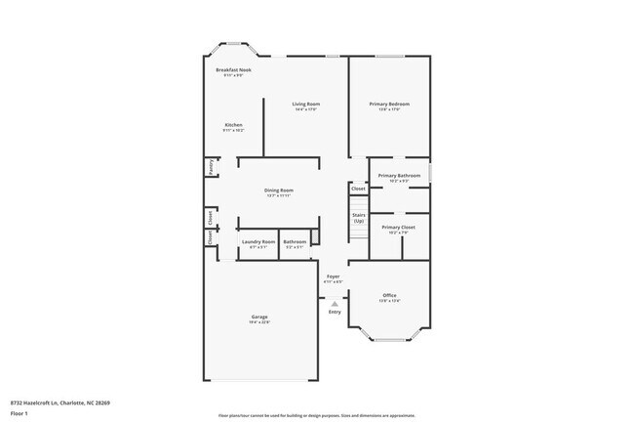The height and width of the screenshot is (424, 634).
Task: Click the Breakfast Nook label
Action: (233, 70)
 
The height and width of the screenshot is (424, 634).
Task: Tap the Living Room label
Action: (306, 104)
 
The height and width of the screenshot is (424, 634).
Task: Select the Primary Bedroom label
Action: (389, 104)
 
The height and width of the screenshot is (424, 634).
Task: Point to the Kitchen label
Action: (233, 125)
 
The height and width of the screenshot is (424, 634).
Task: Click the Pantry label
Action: (211, 167)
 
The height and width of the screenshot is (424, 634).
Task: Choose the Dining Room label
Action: (279, 190)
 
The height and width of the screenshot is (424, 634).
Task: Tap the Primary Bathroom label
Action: (400, 176)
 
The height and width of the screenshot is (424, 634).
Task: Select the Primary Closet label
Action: (400, 227)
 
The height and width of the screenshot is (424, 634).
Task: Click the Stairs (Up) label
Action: (358, 219)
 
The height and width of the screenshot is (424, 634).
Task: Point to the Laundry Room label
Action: (258, 241)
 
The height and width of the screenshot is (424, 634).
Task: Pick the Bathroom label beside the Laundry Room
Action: (295, 241)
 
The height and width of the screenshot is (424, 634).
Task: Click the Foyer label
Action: (334, 276)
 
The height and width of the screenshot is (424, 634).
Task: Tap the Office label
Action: (389, 295)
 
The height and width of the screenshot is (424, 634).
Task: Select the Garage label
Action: (259, 317)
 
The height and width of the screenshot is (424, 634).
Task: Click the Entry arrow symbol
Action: (335, 304)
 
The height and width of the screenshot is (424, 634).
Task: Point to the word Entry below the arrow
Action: (335, 312)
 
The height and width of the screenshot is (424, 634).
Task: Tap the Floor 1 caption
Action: (18, 414)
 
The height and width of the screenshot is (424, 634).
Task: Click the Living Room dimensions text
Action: (306, 109)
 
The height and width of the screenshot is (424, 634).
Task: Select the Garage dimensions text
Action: (259, 322)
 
